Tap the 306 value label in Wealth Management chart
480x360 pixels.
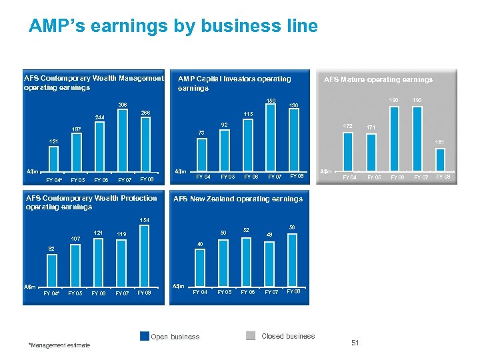click(123, 105)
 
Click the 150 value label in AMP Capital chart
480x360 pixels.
click(271, 101)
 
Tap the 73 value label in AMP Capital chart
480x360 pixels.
click(201, 133)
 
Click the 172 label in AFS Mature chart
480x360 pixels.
click(347, 125)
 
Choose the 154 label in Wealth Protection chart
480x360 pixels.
click(145, 220)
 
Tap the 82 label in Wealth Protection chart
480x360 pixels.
click(51, 248)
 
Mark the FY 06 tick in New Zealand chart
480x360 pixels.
click(247, 292)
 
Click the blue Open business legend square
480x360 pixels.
click(144, 336)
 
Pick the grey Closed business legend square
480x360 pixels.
click(251, 336)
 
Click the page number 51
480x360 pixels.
click(355, 343)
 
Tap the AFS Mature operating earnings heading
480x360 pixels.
click(378, 79)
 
